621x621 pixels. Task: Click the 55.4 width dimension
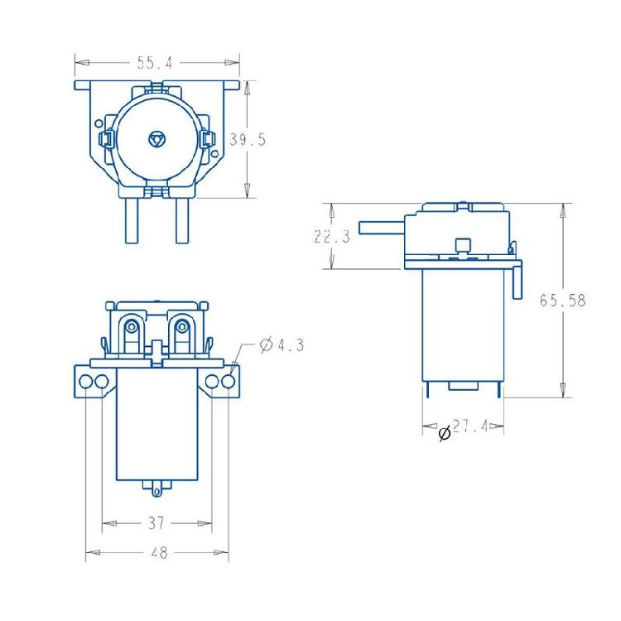click(155, 63)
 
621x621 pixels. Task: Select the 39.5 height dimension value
click(248, 139)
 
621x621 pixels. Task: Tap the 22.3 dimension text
click(332, 237)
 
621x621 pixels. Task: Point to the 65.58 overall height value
click(563, 301)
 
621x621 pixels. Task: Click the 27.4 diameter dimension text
click(470, 426)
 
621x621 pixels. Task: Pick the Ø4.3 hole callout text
click(282, 345)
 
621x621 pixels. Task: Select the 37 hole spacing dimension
click(156, 523)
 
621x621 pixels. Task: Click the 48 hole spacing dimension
click(159, 552)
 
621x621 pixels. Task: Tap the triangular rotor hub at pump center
click(157, 139)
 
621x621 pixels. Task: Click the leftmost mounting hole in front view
click(85, 382)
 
